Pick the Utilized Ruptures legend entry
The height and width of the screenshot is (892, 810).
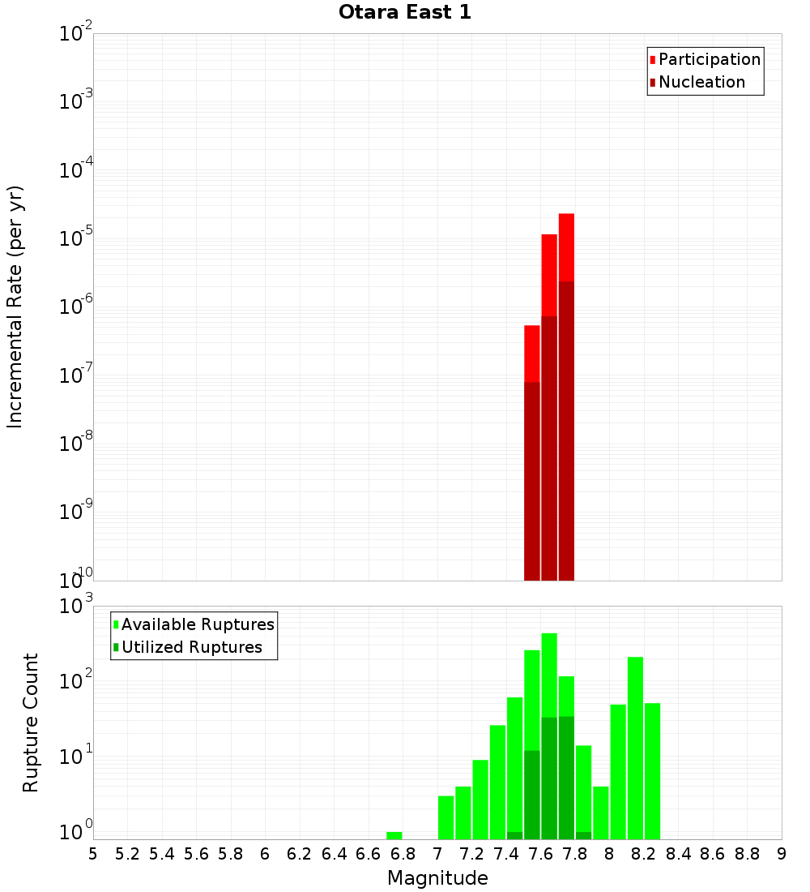point(190,647)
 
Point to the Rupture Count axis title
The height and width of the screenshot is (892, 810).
point(31,722)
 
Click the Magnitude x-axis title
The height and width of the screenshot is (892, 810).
point(437,878)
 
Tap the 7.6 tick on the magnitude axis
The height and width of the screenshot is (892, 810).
point(540,854)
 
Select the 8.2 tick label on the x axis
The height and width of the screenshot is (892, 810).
point(644,854)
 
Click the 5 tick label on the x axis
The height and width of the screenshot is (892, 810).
point(93,854)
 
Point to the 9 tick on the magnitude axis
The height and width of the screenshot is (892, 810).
point(782,854)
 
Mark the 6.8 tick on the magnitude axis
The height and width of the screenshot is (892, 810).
point(403,854)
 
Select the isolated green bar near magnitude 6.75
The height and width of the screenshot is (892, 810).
point(394,835)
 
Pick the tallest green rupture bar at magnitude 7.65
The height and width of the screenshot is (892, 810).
point(549,673)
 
